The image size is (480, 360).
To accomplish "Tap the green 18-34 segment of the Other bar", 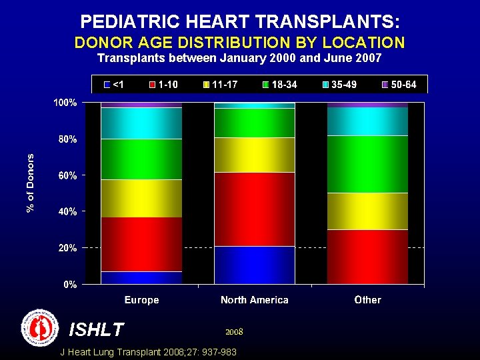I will click(x=367, y=164).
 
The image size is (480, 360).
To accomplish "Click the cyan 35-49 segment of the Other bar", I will click(x=367, y=121).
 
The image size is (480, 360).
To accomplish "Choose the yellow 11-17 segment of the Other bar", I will click(x=367, y=211).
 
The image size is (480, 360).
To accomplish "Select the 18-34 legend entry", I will click(x=280, y=85).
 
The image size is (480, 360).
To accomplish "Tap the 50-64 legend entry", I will click(x=397, y=85).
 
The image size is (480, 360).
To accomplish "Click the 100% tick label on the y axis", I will click(x=66, y=103).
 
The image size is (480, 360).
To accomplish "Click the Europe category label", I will click(x=141, y=300).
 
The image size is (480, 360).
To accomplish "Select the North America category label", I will click(x=254, y=300).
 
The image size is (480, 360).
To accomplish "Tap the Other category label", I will click(x=367, y=300).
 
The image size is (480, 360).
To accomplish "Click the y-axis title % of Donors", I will click(x=31, y=183).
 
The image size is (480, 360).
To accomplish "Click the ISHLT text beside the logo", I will click(x=96, y=329).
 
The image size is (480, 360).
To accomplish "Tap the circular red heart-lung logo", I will click(x=40, y=327).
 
